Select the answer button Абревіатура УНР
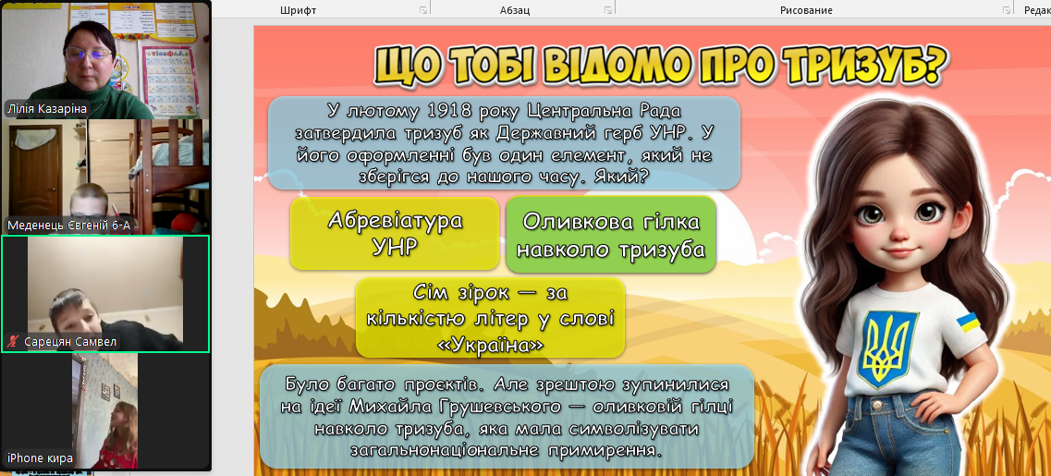click(395, 233)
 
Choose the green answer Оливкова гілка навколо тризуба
click(611, 234)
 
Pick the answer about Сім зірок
click(490, 318)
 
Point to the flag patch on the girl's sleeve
click(971, 323)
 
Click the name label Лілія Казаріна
click(46, 109)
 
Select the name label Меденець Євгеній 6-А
click(68, 226)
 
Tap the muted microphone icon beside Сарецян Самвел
click(12, 343)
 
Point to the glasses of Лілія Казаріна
click(88, 54)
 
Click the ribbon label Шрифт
click(298, 10)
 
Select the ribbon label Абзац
click(515, 10)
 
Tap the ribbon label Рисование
click(806, 10)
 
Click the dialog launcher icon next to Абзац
click(607, 10)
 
